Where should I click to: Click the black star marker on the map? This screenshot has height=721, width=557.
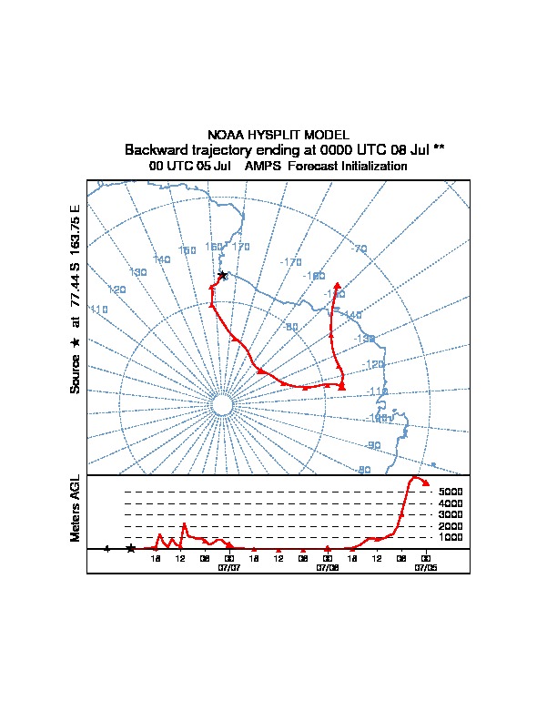click(x=222, y=275)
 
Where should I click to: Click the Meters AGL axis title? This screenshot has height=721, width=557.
click(x=76, y=508)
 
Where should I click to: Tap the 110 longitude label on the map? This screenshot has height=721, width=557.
click(x=99, y=310)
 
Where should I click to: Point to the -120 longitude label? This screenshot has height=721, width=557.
click(x=373, y=364)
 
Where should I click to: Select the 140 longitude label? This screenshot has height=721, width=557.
click(x=162, y=259)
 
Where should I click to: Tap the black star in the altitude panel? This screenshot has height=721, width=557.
click(x=130, y=548)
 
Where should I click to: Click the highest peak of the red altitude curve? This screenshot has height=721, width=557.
click(x=416, y=477)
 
